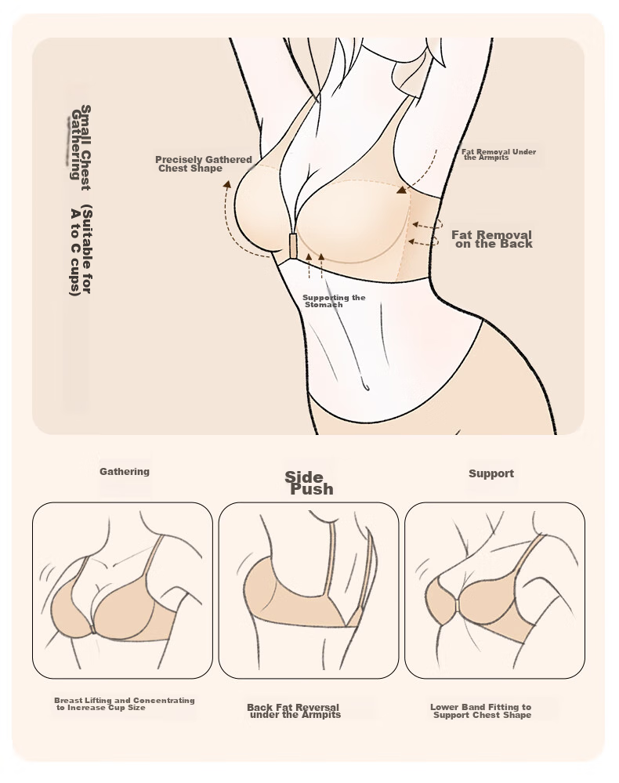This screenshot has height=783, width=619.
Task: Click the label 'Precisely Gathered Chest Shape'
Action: [204, 164]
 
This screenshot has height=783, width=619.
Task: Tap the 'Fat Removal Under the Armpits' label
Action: [498, 154]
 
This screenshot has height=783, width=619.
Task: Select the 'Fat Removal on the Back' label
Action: [492, 239]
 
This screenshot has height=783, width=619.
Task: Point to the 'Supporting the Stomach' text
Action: [334, 301]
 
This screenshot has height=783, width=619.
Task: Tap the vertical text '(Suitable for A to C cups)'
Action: [81, 250]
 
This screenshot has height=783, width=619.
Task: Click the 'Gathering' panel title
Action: [125, 471]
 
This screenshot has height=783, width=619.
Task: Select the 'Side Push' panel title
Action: [308, 484]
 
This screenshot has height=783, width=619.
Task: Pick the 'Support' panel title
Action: [491, 473]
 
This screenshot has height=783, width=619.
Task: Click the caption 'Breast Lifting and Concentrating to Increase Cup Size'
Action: [125, 704]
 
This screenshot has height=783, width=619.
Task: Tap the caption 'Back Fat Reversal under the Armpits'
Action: [294, 711]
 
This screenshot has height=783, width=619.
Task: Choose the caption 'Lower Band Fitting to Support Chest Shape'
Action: [481, 711]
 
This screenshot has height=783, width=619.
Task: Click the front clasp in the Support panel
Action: [458, 605]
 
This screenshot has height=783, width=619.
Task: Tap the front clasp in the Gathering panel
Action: [92, 630]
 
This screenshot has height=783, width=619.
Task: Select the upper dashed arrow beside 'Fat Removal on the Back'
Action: [427, 225]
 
